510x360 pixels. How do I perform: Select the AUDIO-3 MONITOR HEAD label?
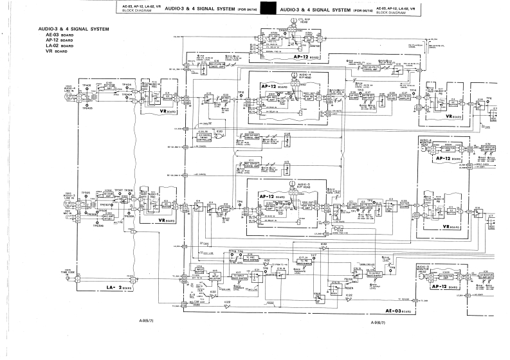pyautogui.click(x=424, y=267)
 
